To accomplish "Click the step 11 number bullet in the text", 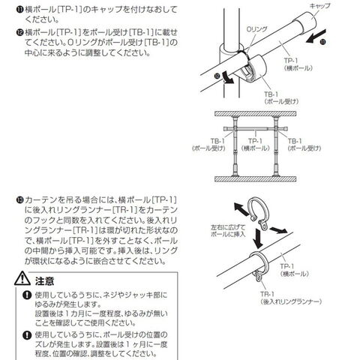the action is tap(19, 10).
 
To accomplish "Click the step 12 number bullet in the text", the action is tap(19, 32).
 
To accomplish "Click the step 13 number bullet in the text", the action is tap(19, 200).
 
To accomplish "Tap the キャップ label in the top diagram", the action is tap(319, 6).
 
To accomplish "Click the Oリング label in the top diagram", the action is tap(256, 29).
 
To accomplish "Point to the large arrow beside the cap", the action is tap(316, 36).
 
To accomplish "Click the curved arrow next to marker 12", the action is tap(228, 77).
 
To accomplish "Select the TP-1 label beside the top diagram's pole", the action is tap(298, 64).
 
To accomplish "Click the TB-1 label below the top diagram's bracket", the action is tap(281, 97).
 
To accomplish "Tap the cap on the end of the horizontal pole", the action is tap(305, 22).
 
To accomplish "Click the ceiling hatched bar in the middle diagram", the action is tap(255, 114).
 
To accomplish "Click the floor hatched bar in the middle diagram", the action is tap(255, 179).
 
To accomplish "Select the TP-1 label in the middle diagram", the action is tap(256, 145).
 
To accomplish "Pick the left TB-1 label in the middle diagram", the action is tap(208, 145).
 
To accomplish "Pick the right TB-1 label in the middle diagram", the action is tap(304, 145).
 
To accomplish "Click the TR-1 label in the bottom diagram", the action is tap(291, 298).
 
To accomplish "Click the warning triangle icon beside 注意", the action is tap(22, 279).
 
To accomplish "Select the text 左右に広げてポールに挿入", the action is tap(228, 231).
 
